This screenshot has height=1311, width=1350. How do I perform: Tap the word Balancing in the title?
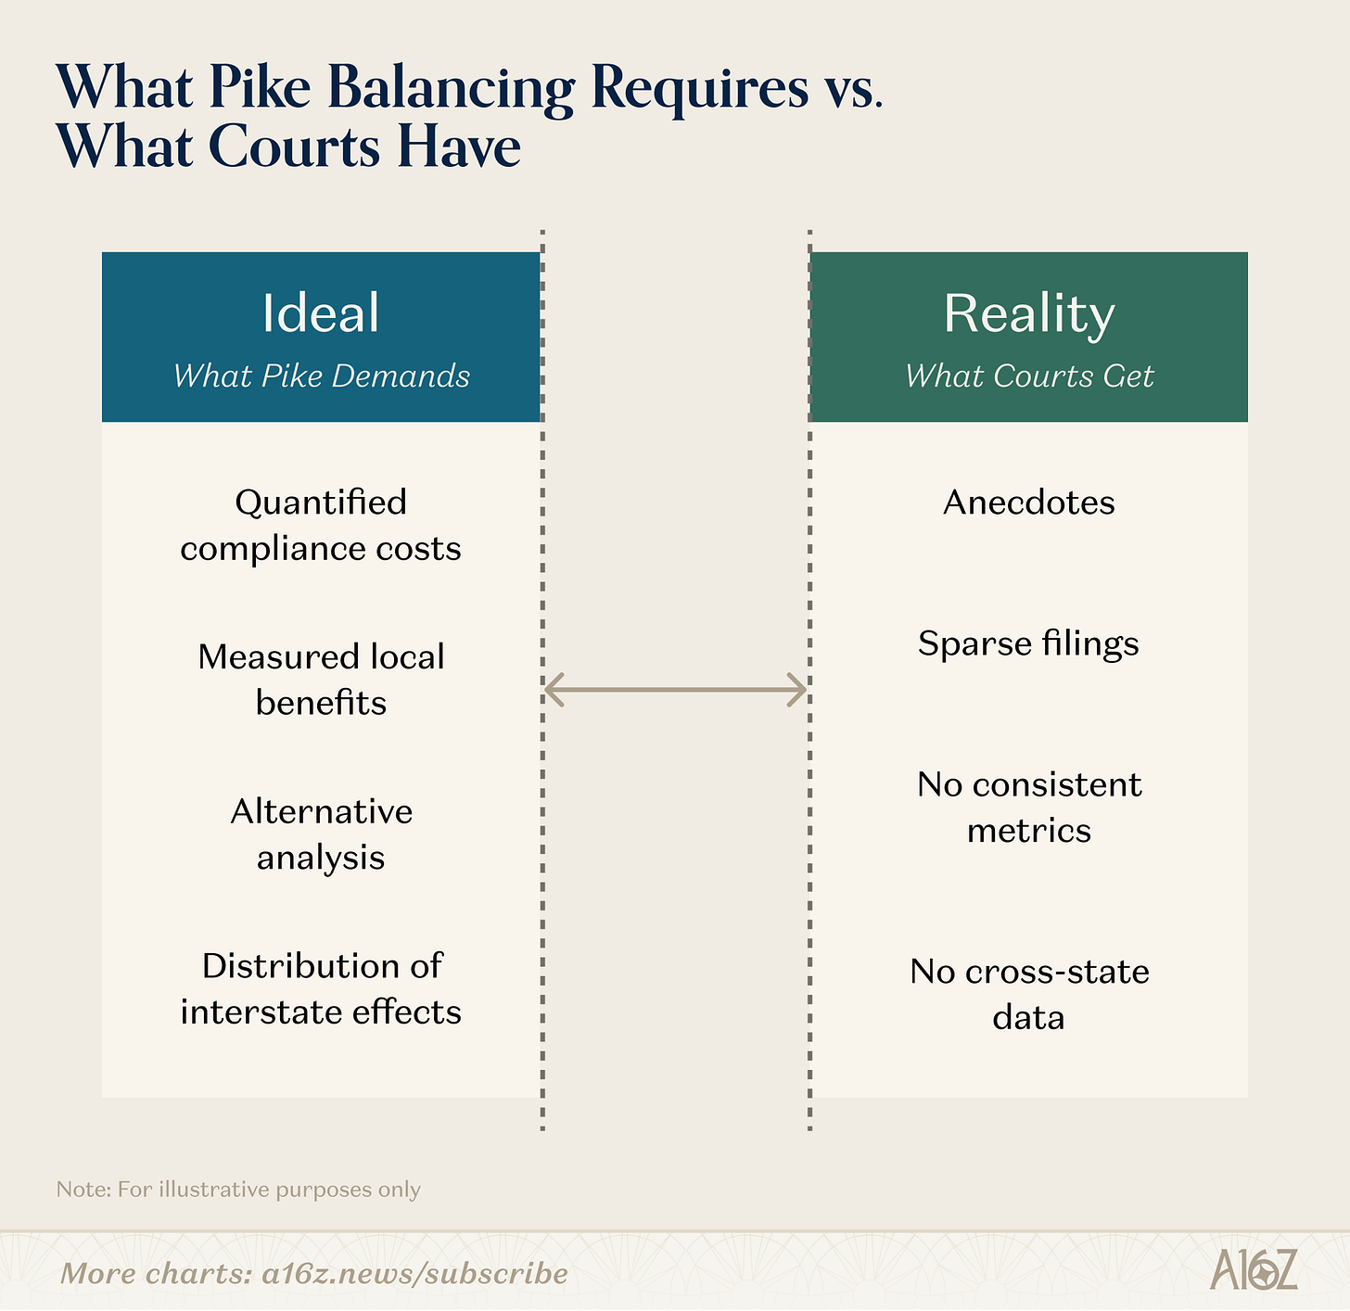pyautogui.click(x=451, y=90)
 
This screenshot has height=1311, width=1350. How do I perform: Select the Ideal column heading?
pyautogui.click(x=321, y=312)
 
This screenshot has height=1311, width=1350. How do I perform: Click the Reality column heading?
pyautogui.click(x=1028, y=313)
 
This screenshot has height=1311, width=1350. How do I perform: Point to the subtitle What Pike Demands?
pyautogui.click(x=321, y=375)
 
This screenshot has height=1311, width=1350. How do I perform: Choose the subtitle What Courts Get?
pyautogui.click(x=1028, y=375)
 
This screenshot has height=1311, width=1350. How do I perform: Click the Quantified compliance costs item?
pyautogui.click(x=321, y=525)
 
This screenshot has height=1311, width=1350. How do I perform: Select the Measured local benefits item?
pyautogui.click(x=321, y=680)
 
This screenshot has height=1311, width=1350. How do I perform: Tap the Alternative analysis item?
pyautogui.click(x=321, y=834)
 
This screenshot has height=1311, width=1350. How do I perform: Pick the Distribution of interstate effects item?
pyautogui.click(x=321, y=988)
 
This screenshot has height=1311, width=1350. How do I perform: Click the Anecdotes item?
pyautogui.click(x=1028, y=503)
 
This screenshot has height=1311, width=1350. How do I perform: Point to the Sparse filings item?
pyautogui.click(x=1028, y=643)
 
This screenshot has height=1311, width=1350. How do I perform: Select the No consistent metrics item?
pyautogui.click(x=1028, y=808)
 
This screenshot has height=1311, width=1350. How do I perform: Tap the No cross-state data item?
pyautogui.click(x=1028, y=994)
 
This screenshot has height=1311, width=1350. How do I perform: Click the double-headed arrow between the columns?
pyautogui.click(x=675, y=690)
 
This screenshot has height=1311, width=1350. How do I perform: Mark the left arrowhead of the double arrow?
pyautogui.click(x=553, y=690)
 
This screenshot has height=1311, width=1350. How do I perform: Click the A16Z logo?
pyautogui.click(x=1253, y=1270)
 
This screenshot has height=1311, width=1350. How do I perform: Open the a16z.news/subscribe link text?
pyautogui.click(x=414, y=1273)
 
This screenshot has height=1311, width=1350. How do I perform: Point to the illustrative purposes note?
pyautogui.click(x=238, y=1190)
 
